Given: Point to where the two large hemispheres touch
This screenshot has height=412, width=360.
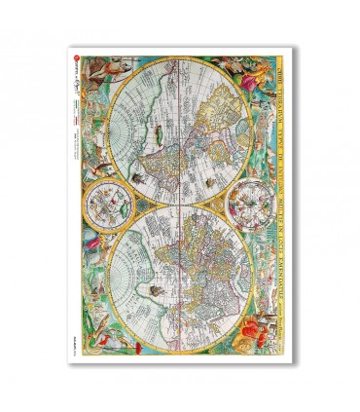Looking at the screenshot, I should (x=172, y=204).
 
